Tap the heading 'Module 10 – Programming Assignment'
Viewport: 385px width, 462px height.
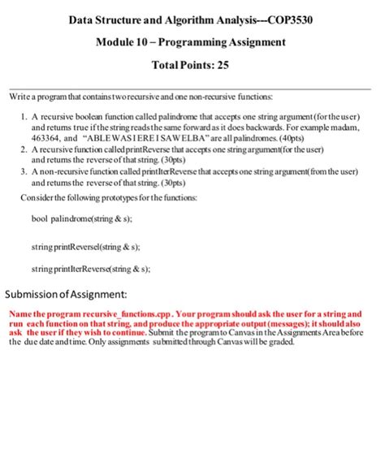(191, 41)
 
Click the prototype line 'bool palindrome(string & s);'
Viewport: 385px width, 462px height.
(81, 220)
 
